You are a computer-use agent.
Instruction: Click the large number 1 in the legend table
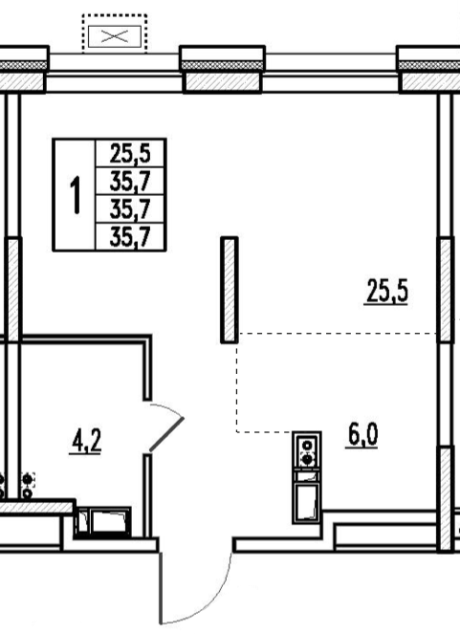tap(76, 195)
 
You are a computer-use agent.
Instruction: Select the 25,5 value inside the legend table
tap(130, 154)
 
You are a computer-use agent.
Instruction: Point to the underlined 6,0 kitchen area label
tap(362, 435)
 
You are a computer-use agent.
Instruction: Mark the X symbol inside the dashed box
tap(115, 36)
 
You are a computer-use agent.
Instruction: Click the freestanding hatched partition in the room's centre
tap(230, 290)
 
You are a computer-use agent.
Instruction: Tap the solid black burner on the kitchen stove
tap(308, 459)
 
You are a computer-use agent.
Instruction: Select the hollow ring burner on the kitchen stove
tap(308, 445)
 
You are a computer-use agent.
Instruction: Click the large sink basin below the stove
tap(307, 502)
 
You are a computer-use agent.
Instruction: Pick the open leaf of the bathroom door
tap(167, 434)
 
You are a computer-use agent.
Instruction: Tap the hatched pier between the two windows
tap(222, 81)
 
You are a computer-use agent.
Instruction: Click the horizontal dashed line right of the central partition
tap(338, 334)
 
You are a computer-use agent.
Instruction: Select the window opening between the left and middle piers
tap(114, 73)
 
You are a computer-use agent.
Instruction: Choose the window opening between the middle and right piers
tap(330, 73)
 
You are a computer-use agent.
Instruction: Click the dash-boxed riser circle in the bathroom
tap(28, 479)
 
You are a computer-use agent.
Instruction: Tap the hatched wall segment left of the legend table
tap(13, 290)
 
